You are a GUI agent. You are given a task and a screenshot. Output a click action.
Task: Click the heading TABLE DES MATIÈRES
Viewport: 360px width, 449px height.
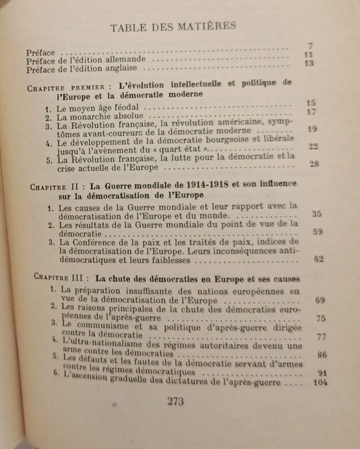click(173, 26)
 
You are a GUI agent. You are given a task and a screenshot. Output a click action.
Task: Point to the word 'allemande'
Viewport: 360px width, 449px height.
click(125, 59)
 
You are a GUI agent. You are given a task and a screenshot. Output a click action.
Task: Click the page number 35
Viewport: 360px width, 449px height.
click(317, 214)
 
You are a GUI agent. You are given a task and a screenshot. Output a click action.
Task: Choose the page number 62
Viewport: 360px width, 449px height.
click(317, 259)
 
